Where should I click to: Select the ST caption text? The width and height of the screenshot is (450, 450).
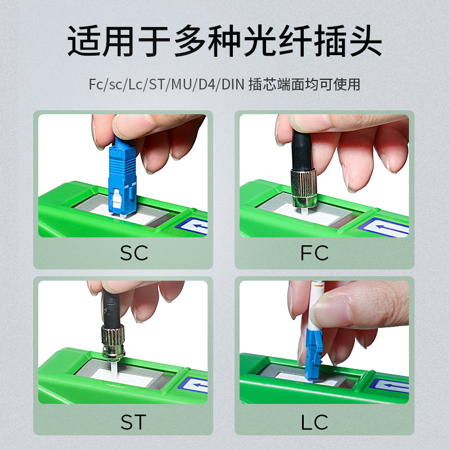pos(133,421)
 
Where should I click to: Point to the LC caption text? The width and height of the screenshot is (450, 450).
pos(314,421)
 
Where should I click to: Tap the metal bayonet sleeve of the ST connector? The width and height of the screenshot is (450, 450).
pos(112,340)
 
